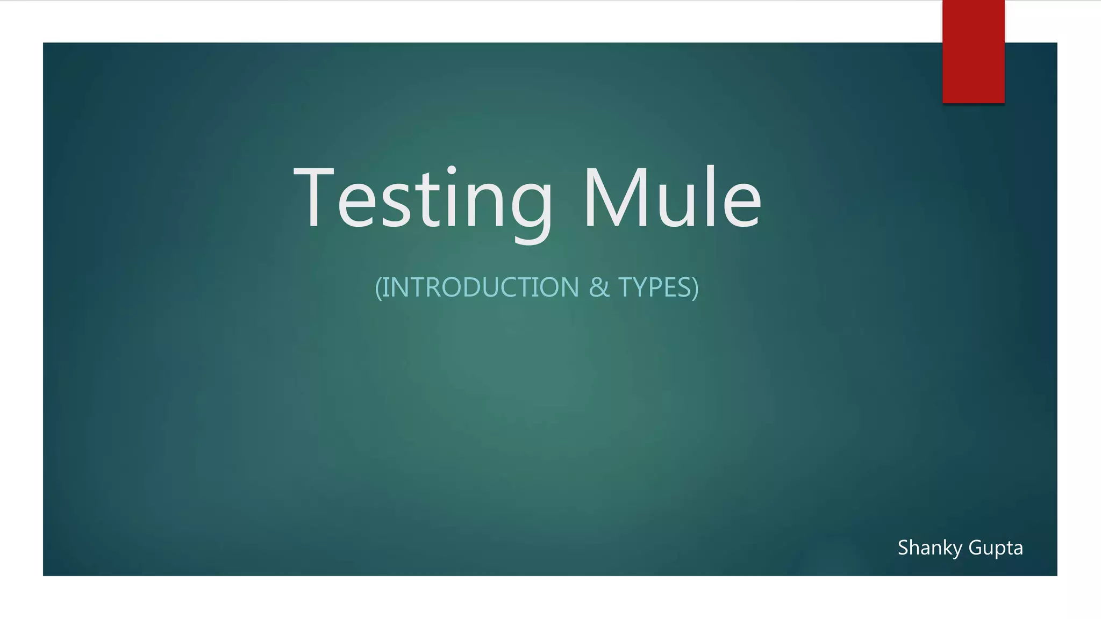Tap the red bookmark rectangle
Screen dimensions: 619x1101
973,51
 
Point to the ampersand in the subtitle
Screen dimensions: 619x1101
599,287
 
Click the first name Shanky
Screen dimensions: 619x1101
930,548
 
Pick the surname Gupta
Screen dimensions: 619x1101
996,548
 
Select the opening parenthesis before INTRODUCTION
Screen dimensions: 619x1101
378,288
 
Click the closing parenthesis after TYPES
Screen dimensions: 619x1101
696,288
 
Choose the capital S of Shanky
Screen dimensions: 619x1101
904,548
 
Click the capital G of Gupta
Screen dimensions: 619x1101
975,548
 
